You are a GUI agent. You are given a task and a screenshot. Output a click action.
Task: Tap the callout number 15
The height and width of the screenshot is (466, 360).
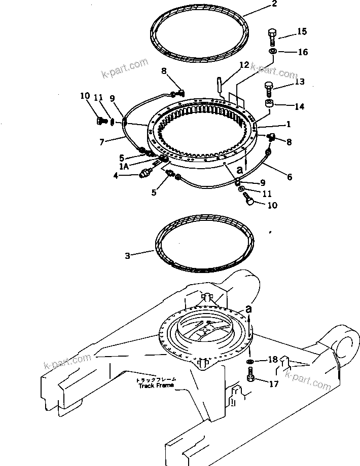(302, 32)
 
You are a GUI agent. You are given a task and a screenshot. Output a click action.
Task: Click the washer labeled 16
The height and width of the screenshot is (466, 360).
(273, 52)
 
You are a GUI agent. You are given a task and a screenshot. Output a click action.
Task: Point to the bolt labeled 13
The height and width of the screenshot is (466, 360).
(269, 91)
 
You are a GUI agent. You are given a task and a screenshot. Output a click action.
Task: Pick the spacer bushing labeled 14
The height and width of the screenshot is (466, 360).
(270, 105)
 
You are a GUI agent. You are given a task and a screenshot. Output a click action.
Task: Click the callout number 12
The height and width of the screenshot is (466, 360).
(244, 65)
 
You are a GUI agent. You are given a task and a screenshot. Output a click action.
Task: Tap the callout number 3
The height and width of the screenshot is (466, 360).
(128, 256)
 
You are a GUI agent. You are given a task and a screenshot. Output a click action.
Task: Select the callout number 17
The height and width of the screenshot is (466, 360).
(273, 384)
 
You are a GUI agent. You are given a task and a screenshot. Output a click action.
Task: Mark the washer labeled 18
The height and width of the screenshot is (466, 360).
(250, 362)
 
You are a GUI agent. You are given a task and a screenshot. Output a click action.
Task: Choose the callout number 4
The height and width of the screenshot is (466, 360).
(116, 176)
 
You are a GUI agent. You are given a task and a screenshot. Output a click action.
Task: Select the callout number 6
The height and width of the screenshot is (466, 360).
(289, 177)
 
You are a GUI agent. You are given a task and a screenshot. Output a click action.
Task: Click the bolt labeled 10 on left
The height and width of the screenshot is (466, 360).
(100, 121)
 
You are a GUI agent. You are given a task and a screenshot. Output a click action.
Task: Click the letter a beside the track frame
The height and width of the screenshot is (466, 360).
(248, 308)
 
